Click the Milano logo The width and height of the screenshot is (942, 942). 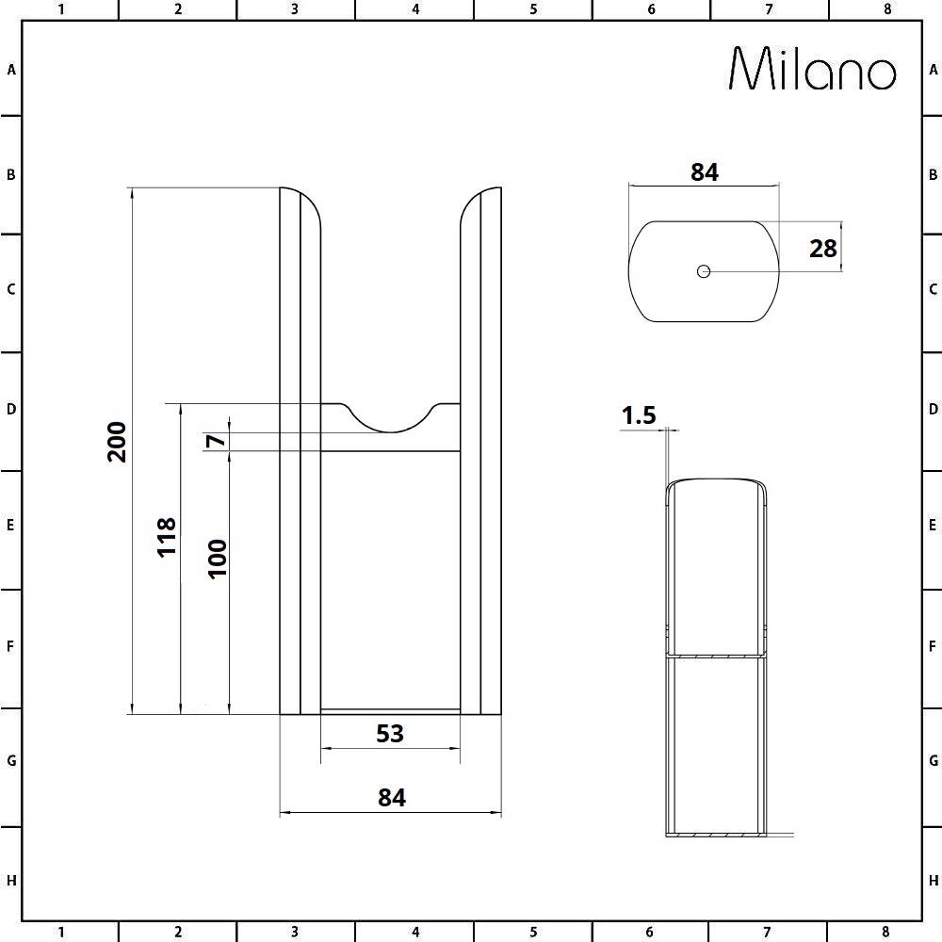coord(813,69)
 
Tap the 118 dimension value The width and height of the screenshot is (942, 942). coord(167,536)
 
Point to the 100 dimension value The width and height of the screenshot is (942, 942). coord(217,558)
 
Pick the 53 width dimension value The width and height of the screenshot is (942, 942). coord(390,733)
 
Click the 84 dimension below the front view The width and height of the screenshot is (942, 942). coord(391,797)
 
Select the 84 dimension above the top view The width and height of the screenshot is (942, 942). coord(705,172)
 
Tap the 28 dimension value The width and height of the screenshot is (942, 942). coord(822,248)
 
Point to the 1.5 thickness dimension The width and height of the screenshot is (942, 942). coord(638,415)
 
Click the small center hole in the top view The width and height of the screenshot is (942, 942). coord(703,271)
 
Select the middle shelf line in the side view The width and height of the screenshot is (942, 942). coord(714,655)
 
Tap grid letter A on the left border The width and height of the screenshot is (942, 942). coord(11,70)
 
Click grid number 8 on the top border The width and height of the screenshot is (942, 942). coord(886,9)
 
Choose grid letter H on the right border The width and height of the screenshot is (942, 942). coord(932,881)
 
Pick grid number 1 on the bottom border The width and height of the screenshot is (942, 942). coord(60,933)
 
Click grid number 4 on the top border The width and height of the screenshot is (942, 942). coord(415,9)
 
